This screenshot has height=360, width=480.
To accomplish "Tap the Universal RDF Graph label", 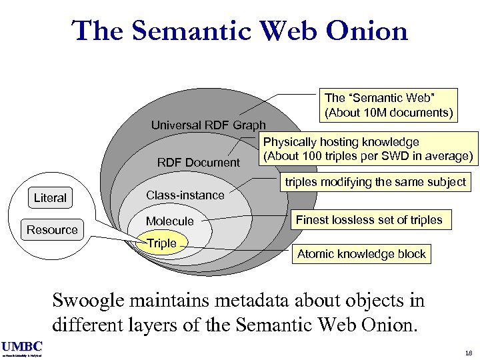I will point(208,125).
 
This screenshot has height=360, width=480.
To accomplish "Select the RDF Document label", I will point(198,162).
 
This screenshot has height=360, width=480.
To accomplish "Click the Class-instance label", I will point(185,195).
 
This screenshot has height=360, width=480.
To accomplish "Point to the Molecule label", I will point(169,221).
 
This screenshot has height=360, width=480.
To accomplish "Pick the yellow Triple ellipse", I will point(162,243).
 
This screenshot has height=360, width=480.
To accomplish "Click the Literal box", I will point(50,197).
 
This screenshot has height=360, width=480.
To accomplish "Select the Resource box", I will point(52,229).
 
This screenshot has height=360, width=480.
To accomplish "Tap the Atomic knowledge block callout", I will point(361,254).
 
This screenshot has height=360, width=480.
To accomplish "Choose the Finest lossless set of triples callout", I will point(369,219).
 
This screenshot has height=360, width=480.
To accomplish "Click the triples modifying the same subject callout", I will point(375,181).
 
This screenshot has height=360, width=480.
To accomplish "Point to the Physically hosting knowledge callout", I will point(368,149).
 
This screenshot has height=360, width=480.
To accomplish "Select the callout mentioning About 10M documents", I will point(388,104).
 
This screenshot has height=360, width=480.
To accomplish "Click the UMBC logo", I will point(21,346).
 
